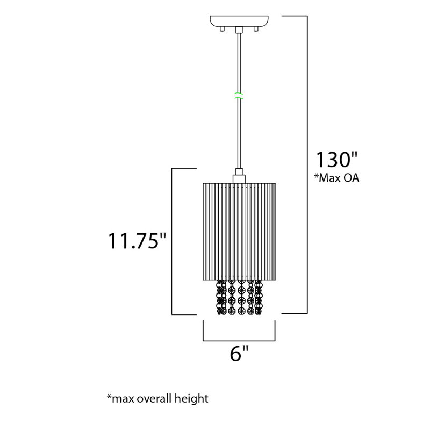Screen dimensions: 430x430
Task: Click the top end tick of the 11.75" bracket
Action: [183, 169]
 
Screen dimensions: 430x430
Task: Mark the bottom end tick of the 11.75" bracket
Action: [183, 314]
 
